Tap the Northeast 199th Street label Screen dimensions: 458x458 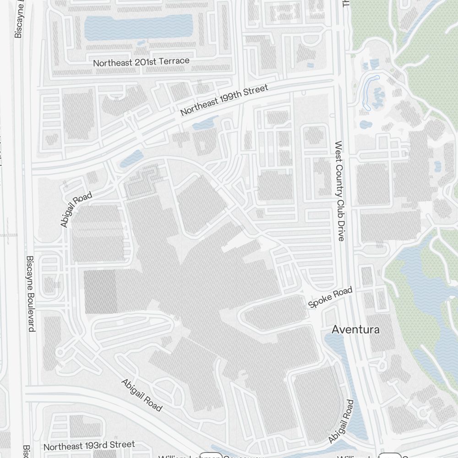[224, 100]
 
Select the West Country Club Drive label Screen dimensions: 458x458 [339, 191]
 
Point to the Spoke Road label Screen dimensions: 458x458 [330, 297]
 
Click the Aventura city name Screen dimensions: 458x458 [355, 330]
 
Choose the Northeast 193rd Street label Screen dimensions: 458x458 [89, 445]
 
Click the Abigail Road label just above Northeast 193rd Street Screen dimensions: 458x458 [142, 395]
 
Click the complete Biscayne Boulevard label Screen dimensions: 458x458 [31, 294]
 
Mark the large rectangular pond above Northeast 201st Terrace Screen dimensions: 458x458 [138, 27]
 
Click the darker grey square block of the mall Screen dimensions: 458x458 [100, 292]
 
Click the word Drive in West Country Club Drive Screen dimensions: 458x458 [340, 229]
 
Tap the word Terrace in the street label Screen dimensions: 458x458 [174, 60]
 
